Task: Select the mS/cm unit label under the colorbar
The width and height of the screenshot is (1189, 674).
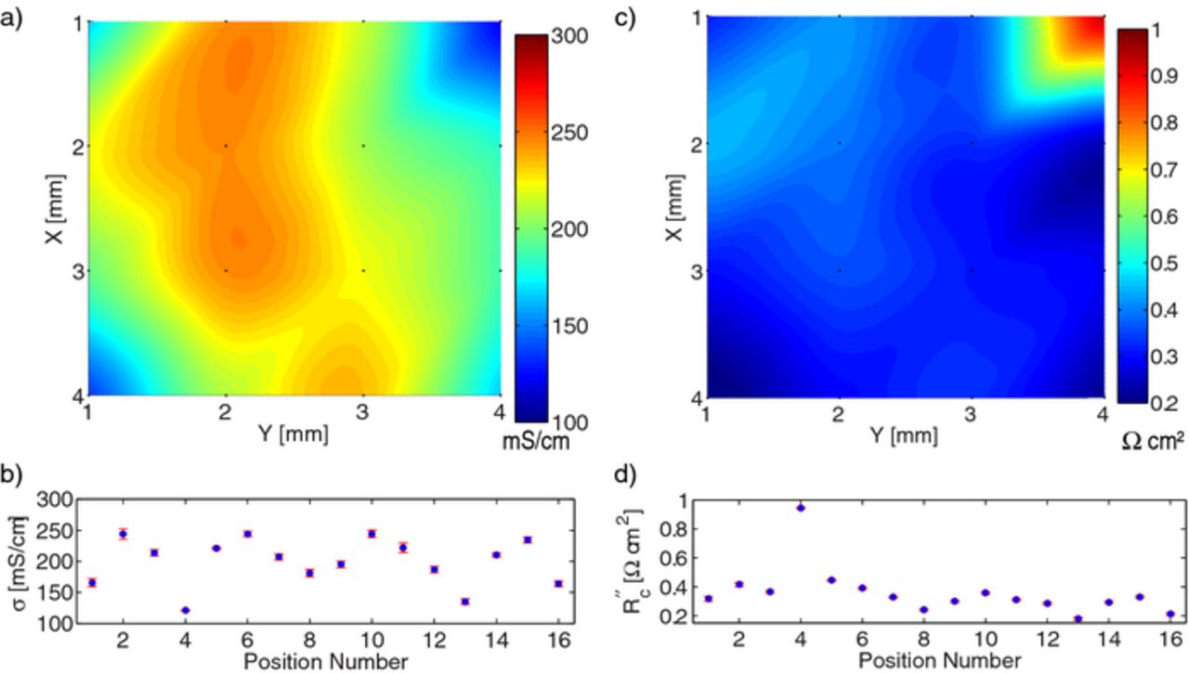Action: (536, 442)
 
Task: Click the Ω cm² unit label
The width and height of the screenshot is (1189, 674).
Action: (1153, 442)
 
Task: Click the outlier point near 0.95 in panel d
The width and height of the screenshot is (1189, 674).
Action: (800, 508)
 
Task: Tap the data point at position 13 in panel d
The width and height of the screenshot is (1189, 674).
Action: (1078, 618)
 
